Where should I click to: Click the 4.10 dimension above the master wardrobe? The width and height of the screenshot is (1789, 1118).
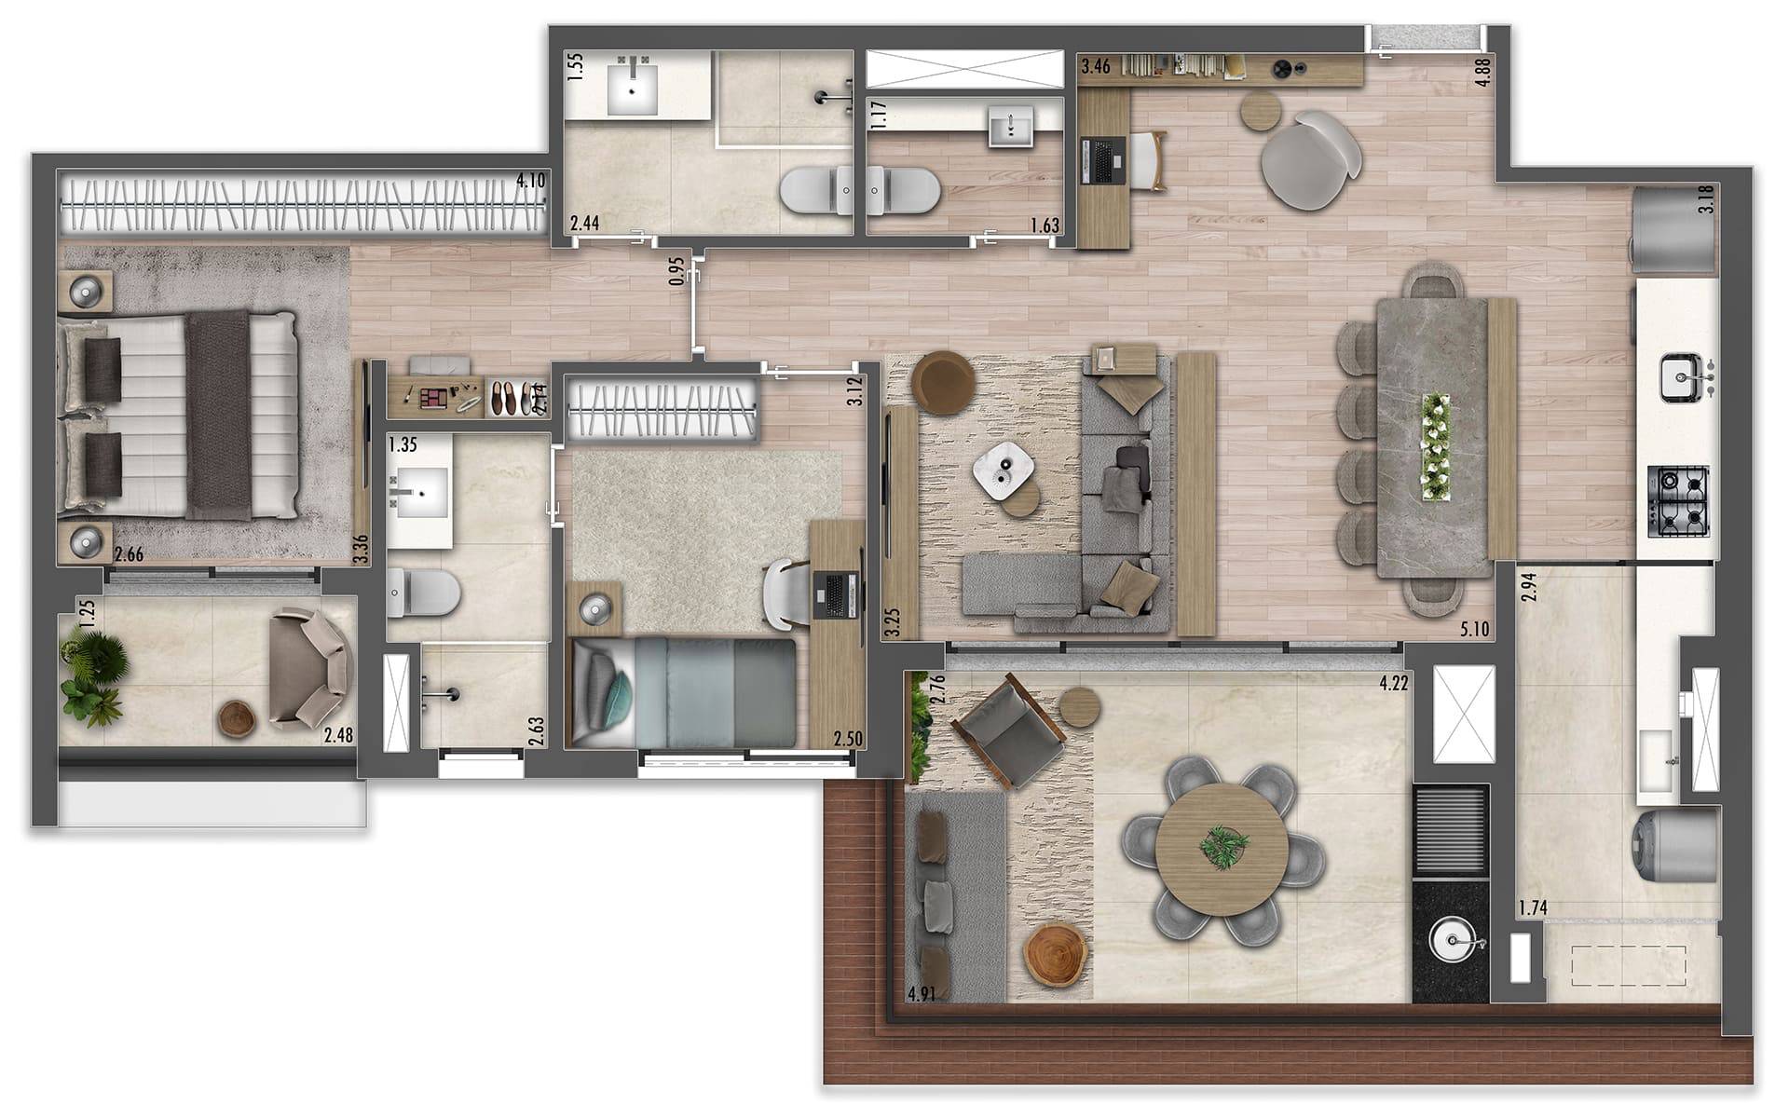click(x=530, y=180)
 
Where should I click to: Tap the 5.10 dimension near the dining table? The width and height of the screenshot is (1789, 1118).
click(x=1474, y=630)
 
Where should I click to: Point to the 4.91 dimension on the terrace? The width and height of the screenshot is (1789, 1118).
click(x=921, y=994)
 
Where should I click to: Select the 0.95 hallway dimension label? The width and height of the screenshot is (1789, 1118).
click(x=676, y=270)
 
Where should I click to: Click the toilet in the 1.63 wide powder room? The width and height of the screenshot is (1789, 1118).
click(x=905, y=189)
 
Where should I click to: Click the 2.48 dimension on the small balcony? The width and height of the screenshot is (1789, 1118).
click(x=338, y=736)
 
